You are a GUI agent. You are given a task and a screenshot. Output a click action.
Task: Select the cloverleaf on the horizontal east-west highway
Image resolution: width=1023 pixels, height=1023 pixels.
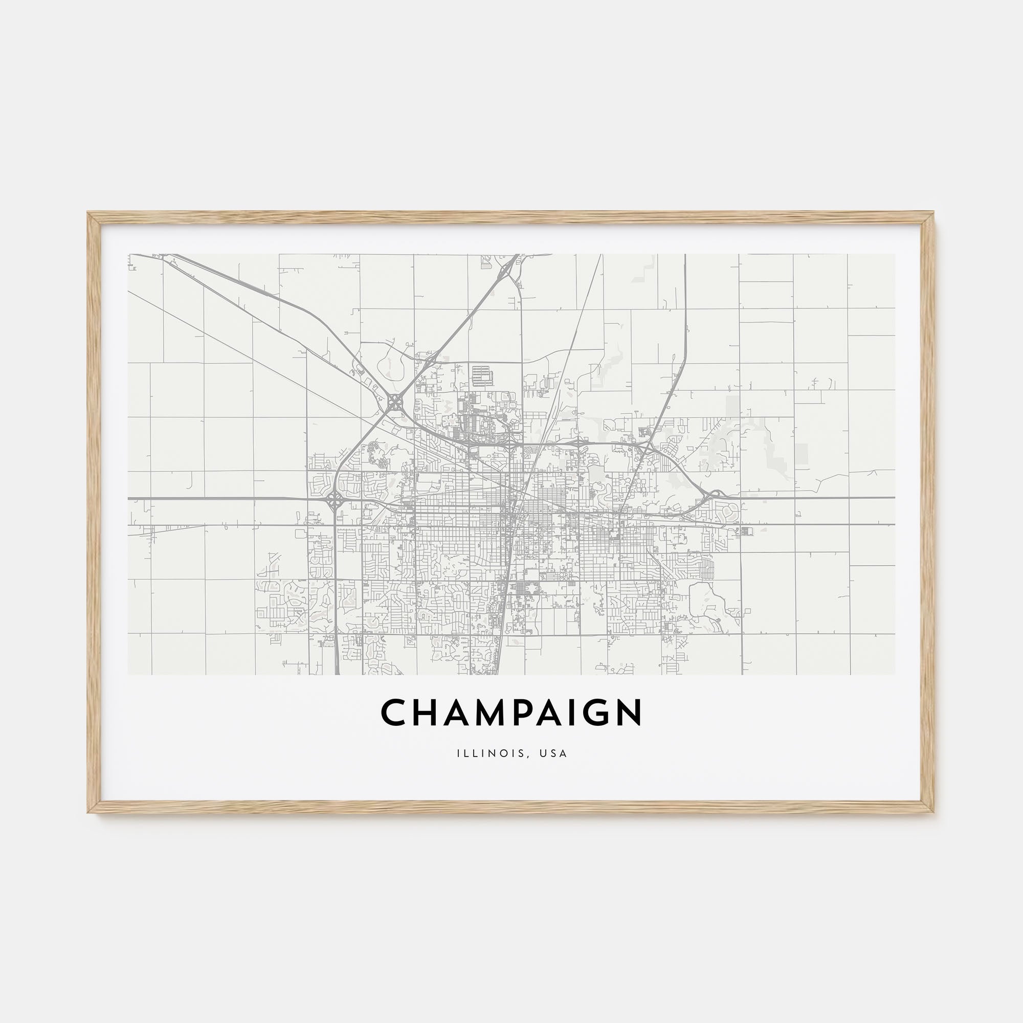click(x=334, y=499)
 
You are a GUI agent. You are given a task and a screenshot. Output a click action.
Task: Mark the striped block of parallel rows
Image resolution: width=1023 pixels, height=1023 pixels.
click(x=482, y=375)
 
